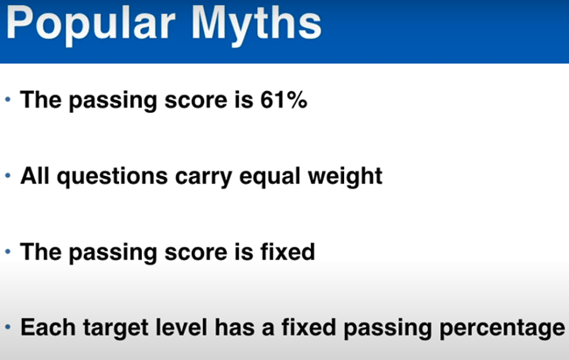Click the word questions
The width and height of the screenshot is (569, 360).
[114, 176]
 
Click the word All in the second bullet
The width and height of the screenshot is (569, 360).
[38, 176]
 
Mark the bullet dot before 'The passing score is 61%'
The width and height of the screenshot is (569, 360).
[8, 100]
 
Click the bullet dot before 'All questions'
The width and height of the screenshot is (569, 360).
[8, 176]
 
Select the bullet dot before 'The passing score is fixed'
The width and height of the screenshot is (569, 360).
[8, 252]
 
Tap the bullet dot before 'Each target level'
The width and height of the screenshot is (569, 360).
[8, 328]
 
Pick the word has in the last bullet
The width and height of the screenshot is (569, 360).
[230, 328]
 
